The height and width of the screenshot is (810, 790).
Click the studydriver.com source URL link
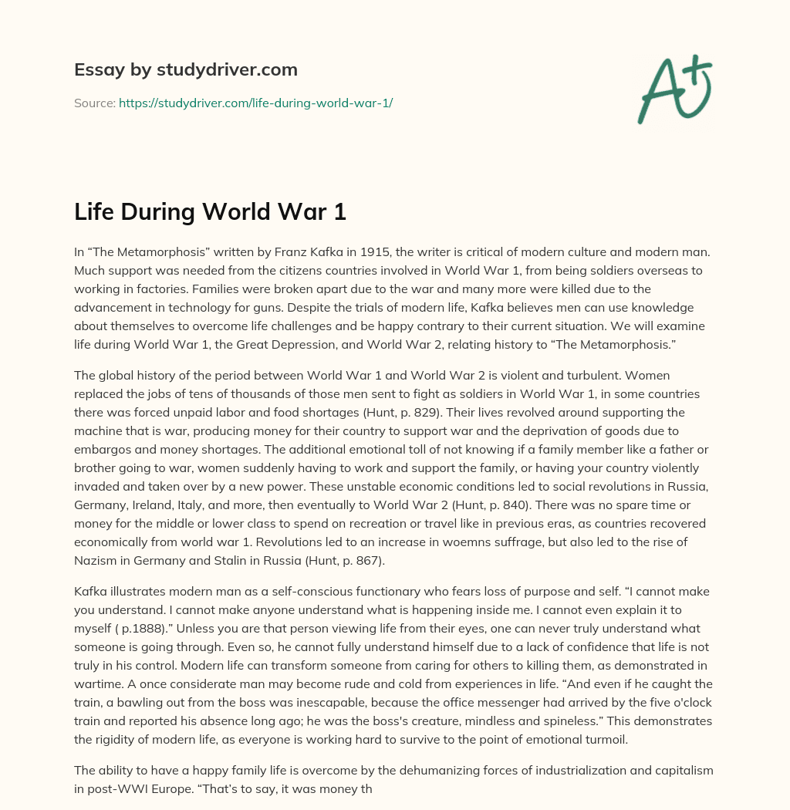pos(255,103)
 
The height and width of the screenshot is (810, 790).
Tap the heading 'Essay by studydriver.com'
pos(185,69)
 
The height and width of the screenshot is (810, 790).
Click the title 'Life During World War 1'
pos(210,211)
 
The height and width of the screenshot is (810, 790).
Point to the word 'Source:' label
pos(94,103)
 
